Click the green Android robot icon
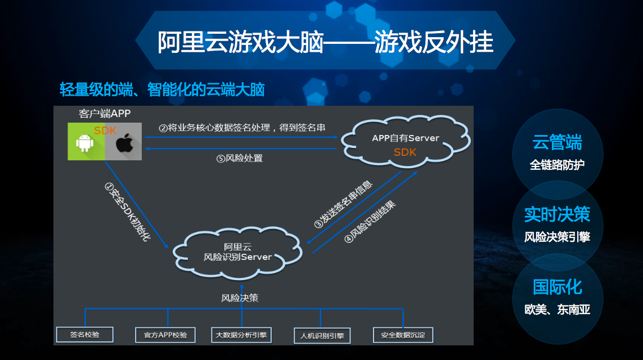click(x=84, y=143)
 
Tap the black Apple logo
click(x=124, y=143)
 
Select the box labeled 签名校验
click(x=84, y=335)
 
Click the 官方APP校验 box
click(x=165, y=335)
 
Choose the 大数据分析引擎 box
click(x=241, y=335)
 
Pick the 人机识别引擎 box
click(x=322, y=336)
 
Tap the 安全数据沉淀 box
click(x=403, y=335)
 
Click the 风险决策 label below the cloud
click(x=240, y=298)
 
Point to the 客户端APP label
click(x=105, y=114)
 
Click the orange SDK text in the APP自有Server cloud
click(x=404, y=152)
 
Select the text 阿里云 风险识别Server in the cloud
click(x=238, y=252)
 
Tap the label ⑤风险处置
click(x=240, y=158)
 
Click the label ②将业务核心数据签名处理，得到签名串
click(x=242, y=128)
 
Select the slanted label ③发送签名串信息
click(x=343, y=204)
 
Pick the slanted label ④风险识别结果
click(x=370, y=222)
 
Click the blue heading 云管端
click(x=557, y=143)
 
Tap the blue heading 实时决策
click(x=557, y=214)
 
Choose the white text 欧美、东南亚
click(x=557, y=309)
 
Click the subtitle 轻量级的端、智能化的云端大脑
click(x=163, y=89)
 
